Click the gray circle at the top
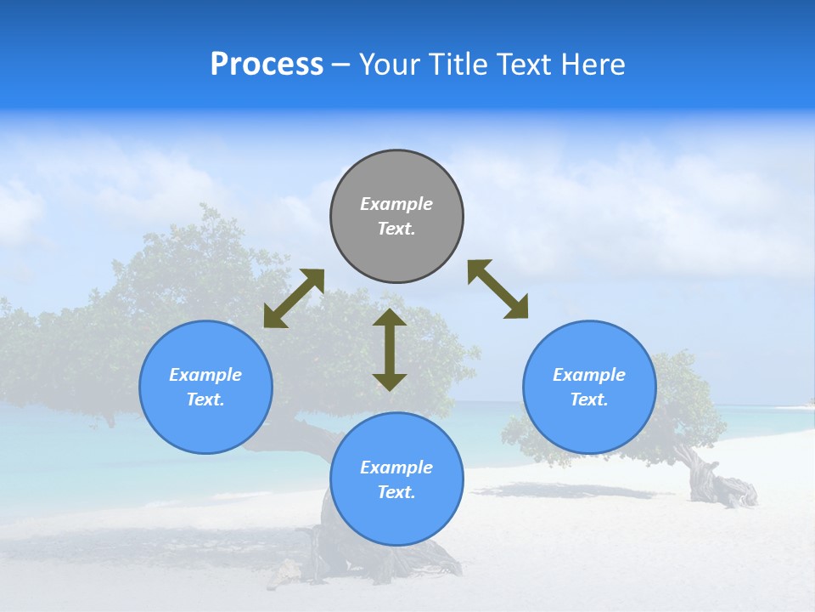[x=396, y=216]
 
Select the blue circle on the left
[x=205, y=387]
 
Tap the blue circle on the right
[x=589, y=387]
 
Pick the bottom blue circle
[x=396, y=479]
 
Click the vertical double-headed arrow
[x=390, y=349]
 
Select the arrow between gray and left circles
[x=294, y=298]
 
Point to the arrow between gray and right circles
[x=498, y=289]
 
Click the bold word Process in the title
[x=267, y=65]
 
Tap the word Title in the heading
[x=458, y=65]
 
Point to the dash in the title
[x=340, y=65]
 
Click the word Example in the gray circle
[x=396, y=204]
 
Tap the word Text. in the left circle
[x=205, y=399]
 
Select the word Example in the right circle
[x=589, y=375]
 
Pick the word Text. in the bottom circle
[x=396, y=492]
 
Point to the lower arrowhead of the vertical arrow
[x=390, y=382]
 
